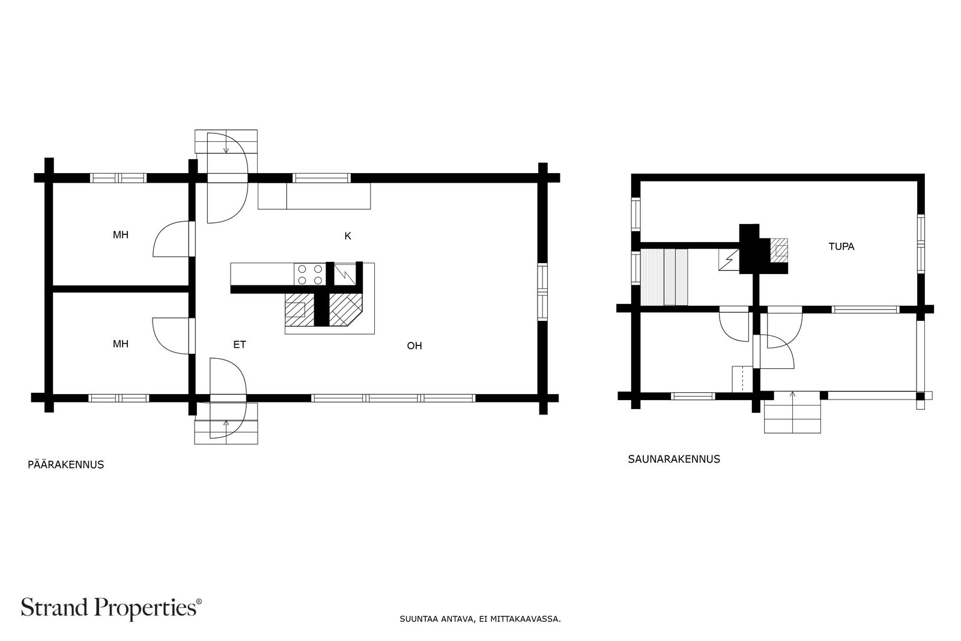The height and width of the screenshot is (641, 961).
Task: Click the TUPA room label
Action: (841, 247)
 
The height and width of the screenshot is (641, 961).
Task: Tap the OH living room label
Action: (414, 346)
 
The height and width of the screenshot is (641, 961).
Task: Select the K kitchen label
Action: (348, 236)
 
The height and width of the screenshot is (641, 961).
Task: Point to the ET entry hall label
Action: (240, 344)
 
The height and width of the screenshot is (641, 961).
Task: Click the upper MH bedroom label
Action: (121, 235)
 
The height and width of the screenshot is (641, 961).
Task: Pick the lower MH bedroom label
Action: (121, 344)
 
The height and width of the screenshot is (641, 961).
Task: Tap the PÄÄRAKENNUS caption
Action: (65, 464)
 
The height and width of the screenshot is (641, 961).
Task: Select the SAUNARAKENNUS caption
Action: (674, 459)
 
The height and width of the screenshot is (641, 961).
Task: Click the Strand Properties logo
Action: (111, 608)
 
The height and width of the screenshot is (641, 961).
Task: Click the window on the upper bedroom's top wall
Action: (118, 178)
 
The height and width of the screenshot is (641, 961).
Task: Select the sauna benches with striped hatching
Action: (664, 277)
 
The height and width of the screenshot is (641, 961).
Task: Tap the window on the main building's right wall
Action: (543, 292)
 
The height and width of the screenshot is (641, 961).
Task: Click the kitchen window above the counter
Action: (321, 178)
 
